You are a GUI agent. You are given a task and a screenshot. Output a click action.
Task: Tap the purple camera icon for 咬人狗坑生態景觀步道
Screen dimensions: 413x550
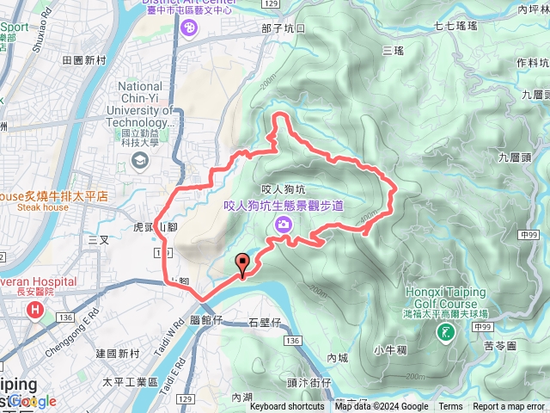(x=283, y=225)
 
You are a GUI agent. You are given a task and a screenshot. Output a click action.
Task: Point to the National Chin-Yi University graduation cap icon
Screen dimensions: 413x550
(x=138, y=160)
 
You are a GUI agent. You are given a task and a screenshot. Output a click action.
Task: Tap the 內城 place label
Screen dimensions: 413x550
(x=338, y=356)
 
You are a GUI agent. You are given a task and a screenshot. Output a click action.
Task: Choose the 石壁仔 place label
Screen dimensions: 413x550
(x=264, y=324)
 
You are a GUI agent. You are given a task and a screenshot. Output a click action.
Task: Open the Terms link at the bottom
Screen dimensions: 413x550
(x=450, y=407)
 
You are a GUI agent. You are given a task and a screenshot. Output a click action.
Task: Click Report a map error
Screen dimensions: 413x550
(x=509, y=407)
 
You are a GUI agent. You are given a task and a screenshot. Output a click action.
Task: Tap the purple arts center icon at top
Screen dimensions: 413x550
(x=188, y=28)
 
